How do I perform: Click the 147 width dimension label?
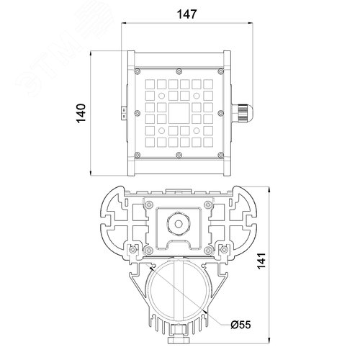point(186,14)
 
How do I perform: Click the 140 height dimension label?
point(81,113)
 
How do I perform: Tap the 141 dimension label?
point(261,261)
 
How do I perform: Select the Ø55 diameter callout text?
point(240,325)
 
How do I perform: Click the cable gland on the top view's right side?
point(242,113)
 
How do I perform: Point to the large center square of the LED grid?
point(179,113)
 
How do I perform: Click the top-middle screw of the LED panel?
point(179,71)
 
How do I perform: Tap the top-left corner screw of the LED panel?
point(138,71)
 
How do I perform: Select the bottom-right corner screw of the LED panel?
point(220,155)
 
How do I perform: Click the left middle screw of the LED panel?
point(138,113)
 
